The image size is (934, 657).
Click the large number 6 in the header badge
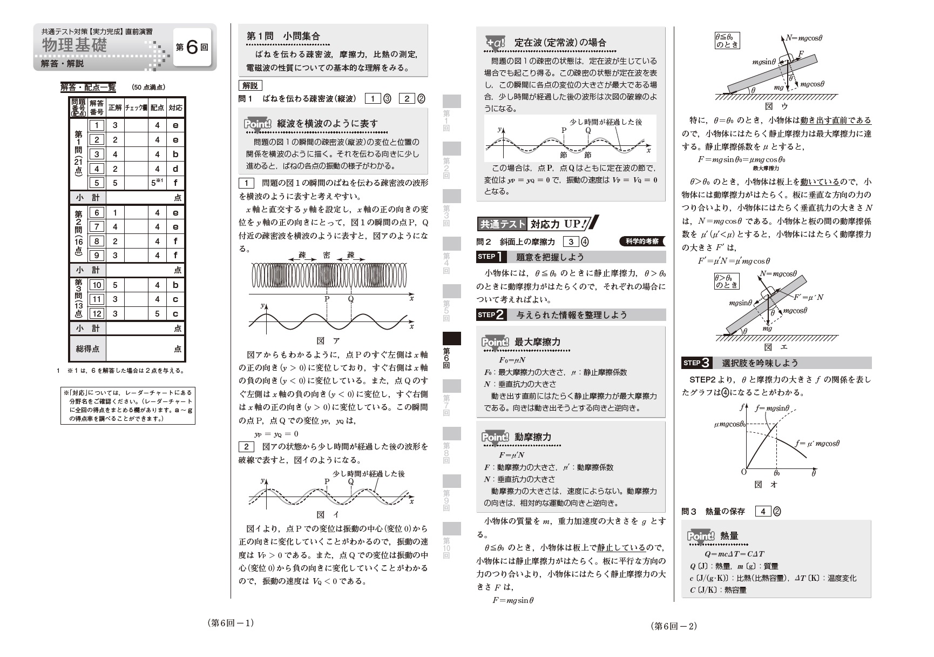click(192, 48)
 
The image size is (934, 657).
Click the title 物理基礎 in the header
click(75, 45)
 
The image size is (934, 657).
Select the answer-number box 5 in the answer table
click(97, 183)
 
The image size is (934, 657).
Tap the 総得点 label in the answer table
click(87, 349)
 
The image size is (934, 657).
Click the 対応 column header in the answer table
click(175, 108)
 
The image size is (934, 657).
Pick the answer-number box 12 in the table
click(97, 313)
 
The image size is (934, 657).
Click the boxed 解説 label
click(250, 85)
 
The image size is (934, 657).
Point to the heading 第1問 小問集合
click(283, 36)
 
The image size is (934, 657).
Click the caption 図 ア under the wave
click(328, 340)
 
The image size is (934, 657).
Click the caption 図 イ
click(328, 514)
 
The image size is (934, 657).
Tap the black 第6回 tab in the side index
click(452, 351)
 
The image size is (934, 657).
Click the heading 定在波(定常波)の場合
click(560, 42)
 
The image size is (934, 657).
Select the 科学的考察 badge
click(642, 242)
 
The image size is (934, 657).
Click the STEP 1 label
click(491, 257)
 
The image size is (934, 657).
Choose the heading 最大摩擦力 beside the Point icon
click(537, 342)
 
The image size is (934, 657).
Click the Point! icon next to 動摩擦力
click(495, 437)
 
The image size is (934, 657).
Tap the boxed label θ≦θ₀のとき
click(727, 41)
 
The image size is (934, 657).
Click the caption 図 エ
click(776, 347)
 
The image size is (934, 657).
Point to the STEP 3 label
click(697, 363)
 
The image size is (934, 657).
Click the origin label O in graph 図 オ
click(743, 472)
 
